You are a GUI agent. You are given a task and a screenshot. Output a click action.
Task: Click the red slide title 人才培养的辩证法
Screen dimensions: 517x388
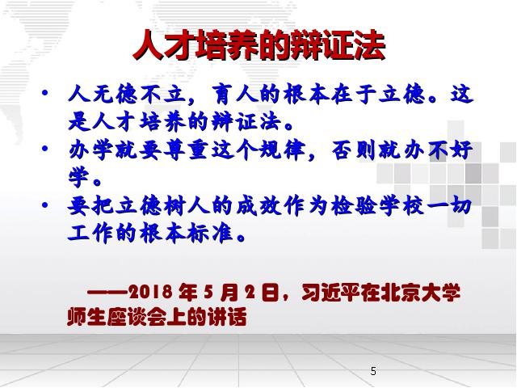259,45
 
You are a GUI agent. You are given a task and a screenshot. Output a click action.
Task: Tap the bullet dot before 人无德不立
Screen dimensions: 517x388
45,92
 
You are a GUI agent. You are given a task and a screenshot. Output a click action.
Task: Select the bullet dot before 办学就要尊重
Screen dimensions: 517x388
45,149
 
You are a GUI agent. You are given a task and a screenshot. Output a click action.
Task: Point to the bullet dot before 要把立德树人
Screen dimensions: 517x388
45,205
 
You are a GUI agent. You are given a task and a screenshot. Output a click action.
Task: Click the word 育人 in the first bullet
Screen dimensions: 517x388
235,95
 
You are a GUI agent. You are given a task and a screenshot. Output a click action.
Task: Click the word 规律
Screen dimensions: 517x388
282,150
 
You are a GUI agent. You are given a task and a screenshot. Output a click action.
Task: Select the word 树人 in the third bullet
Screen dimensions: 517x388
187,207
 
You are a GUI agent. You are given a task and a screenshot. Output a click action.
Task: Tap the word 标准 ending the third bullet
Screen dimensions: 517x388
210,234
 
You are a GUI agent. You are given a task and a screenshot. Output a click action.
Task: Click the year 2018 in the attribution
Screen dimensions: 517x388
150,292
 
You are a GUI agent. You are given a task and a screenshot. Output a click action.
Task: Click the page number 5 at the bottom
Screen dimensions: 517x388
373,371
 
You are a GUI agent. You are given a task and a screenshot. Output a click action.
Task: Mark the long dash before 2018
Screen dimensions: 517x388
107,292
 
